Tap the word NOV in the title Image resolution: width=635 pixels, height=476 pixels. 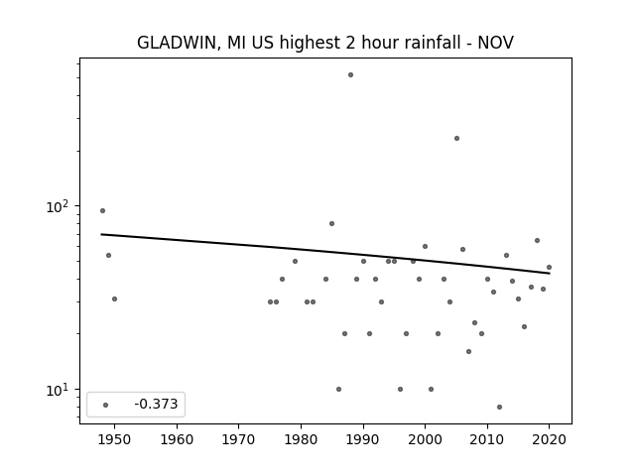(496, 43)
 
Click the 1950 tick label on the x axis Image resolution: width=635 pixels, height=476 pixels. (114, 439)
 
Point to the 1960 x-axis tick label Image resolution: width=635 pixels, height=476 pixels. (177, 439)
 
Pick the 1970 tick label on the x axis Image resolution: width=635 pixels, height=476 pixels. (238, 439)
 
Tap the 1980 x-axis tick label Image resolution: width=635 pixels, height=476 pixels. (301, 439)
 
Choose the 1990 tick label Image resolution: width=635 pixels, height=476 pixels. (363, 439)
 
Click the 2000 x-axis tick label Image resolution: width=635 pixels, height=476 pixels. (425, 439)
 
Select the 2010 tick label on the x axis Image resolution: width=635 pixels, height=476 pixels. (487, 439)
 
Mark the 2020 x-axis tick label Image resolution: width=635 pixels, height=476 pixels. (549, 439)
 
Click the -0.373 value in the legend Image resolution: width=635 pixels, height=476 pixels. (156, 404)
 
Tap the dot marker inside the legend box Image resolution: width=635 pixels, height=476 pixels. (105, 405)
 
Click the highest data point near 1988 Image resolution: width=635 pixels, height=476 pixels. (350, 75)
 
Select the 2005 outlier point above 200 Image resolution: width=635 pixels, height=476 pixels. (456, 139)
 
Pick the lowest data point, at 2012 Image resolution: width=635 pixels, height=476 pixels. (499, 407)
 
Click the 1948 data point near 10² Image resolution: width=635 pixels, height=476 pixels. (102, 210)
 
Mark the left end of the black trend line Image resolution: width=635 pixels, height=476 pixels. (101, 234)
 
